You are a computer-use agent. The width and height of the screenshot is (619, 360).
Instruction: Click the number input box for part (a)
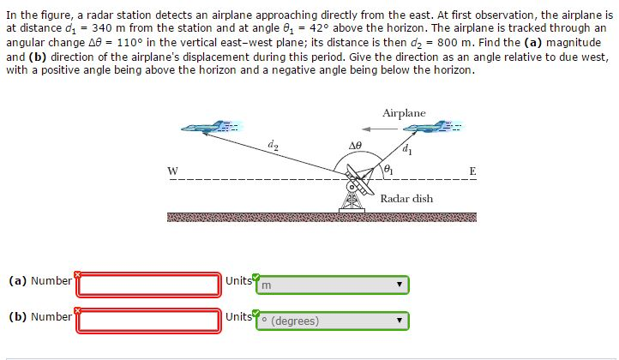149,284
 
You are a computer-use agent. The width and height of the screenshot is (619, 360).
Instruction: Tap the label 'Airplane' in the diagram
404,113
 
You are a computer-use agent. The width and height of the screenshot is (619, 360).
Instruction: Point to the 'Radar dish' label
406,199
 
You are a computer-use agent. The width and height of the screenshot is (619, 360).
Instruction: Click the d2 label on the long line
273,145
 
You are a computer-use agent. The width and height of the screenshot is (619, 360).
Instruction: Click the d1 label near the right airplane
406,153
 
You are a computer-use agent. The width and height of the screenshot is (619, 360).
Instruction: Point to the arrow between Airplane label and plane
384,129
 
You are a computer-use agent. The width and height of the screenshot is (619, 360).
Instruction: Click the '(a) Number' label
40,281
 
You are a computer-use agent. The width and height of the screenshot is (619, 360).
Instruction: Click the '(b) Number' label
40,317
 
